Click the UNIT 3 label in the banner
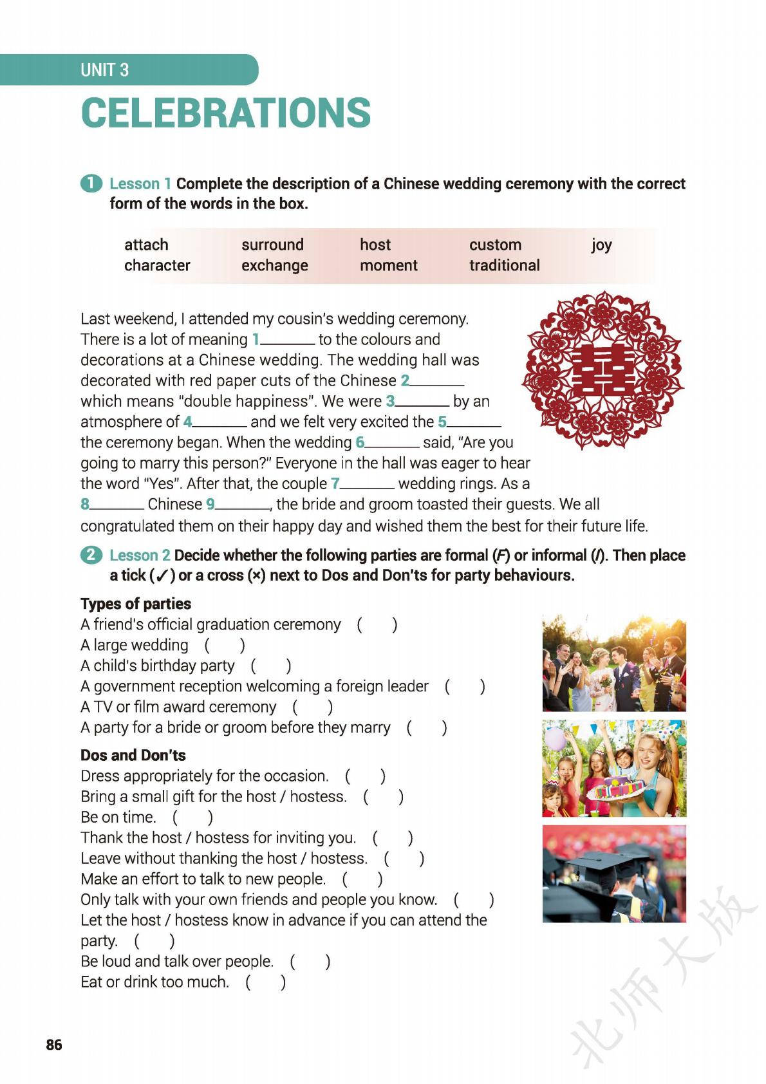(104, 70)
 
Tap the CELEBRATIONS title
(226, 113)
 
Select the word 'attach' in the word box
(146, 245)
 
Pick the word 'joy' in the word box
(601, 245)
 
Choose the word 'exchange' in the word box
(274, 265)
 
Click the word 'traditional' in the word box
(504, 265)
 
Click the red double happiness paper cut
(603, 370)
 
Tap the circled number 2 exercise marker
(91, 555)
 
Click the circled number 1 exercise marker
(91, 183)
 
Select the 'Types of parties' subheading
(136, 604)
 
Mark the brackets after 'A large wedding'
(225, 645)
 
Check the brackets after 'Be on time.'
(192, 817)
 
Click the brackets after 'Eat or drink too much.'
(265, 982)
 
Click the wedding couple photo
(614, 664)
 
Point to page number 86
(54, 1045)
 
